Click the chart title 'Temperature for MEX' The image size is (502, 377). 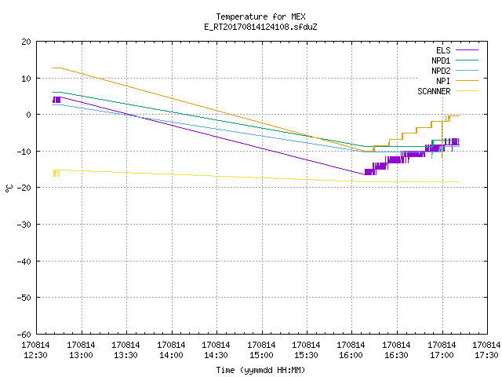coord(260,16)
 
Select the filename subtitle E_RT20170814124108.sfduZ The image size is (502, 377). coord(260,27)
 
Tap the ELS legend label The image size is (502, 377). coord(443,50)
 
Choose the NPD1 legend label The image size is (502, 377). coord(441,60)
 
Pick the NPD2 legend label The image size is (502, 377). coord(441,71)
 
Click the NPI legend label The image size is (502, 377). coord(443,81)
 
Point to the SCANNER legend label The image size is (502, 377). coord(434,91)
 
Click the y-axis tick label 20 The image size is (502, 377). coord(27,42)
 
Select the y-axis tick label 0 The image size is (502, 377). coord(29,115)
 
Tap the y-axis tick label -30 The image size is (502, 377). coord(24,225)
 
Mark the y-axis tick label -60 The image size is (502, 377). coord(24,335)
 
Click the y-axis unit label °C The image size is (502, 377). coord(9,188)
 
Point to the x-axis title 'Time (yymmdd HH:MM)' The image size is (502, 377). coord(260,370)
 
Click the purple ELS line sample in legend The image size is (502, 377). coord(467,50)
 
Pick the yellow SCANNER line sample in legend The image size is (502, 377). coord(467,91)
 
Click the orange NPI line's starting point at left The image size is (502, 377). coord(53,68)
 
